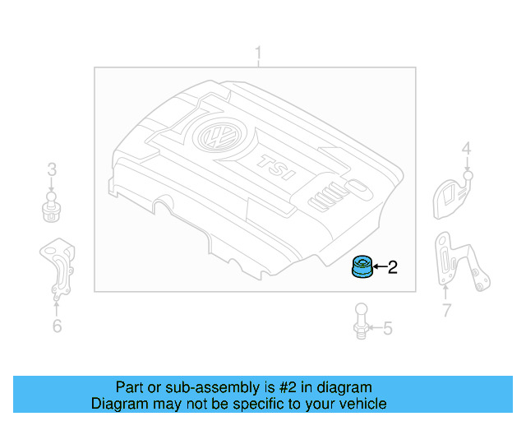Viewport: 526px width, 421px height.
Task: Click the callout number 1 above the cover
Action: pyautogui.click(x=258, y=55)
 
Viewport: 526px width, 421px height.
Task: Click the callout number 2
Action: pyautogui.click(x=392, y=266)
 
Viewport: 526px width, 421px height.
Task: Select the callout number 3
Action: pyautogui.click(x=51, y=170)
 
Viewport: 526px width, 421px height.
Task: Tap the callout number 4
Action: pyautogui.click(x=466, y=149)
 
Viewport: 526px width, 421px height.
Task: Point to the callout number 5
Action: pyautogui.click(x=388, y=329)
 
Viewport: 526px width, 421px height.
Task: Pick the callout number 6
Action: pyautogui.click(x=57, y=326)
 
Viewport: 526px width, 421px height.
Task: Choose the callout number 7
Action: pyautogui.click(x=446, y=311)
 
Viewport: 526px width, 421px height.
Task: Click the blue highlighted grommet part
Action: pyautogui.click(x=361, y=267)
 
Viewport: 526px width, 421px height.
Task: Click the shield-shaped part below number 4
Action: pyautogui.click(x=450, y=195)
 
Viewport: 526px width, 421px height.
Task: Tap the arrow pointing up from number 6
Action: pyautogui.click(x=57, y=307)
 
